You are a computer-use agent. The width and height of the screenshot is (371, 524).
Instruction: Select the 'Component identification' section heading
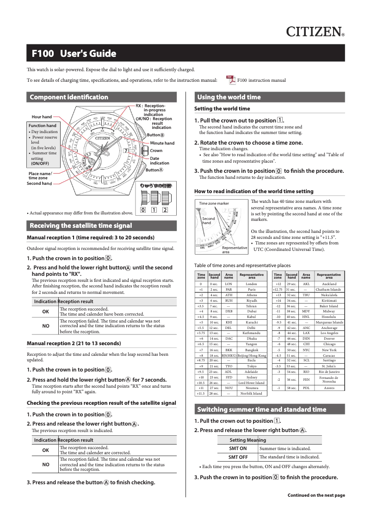point(69,97)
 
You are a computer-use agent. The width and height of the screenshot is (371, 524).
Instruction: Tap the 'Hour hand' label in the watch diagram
point(42,117)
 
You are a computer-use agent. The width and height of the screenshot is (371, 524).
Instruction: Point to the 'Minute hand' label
point(162,143)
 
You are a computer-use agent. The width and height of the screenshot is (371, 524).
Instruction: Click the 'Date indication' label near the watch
point(160,161)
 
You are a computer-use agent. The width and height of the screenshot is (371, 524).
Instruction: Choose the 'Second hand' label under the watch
point(39,183)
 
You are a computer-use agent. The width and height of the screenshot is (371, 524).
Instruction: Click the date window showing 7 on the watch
point(125,151)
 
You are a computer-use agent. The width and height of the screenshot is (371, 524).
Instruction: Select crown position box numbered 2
point(165,210)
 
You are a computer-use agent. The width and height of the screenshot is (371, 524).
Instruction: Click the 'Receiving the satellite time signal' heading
point(81,225)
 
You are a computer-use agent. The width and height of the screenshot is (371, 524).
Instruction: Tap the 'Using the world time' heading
point(229,97)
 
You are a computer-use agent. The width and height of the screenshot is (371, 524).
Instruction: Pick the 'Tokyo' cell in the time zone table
point(252,379)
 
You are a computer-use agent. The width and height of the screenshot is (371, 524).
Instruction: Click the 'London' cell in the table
point(252,284)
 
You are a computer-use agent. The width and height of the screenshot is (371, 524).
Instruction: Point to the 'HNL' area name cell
point(306,317)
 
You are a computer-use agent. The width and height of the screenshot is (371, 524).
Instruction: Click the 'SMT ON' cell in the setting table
point(238,448)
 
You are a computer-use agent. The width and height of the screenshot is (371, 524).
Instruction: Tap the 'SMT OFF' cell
point(238,457)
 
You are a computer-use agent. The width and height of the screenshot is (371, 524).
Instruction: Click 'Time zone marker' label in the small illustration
point(214,203)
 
